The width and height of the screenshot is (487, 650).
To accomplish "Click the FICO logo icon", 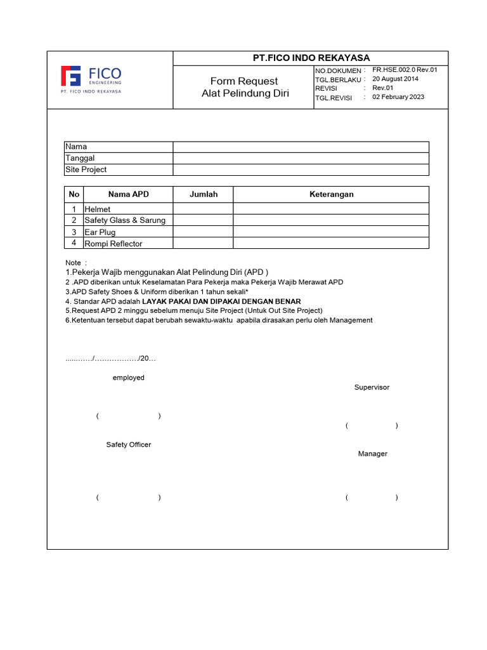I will [70, 76].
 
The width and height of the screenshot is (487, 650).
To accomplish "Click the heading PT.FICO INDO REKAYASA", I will [311, 58].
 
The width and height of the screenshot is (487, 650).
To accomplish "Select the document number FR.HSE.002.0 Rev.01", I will [405, 70].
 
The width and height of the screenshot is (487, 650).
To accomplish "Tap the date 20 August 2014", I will [395, 79].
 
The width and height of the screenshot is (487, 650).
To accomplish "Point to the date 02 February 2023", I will [398, 97].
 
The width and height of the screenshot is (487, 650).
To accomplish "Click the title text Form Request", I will [244, 81].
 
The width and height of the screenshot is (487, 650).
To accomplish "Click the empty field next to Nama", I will [301, 147].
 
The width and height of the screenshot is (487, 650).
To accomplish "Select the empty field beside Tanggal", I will [301, 158].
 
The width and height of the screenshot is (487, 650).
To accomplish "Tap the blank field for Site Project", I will [301, 169].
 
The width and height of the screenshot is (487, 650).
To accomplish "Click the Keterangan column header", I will [331, 194].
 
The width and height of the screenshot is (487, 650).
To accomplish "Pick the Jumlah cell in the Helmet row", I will [203, 209].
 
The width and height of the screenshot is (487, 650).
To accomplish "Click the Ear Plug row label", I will [100, 232].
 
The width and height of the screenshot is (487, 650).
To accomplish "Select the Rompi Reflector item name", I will [114, 244].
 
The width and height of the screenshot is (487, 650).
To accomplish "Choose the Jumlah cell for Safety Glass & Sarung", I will [203, 220].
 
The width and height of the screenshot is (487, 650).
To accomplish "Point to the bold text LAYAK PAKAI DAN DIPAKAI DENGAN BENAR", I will [221, 301].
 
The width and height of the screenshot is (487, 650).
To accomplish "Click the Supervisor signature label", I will [372, 387].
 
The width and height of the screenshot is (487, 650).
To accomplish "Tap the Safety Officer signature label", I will [129, 445].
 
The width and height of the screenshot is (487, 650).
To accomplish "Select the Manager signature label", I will [372, 454].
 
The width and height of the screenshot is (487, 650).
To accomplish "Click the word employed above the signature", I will [129, 378].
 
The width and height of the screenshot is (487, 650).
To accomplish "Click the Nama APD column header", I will [128, 194].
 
